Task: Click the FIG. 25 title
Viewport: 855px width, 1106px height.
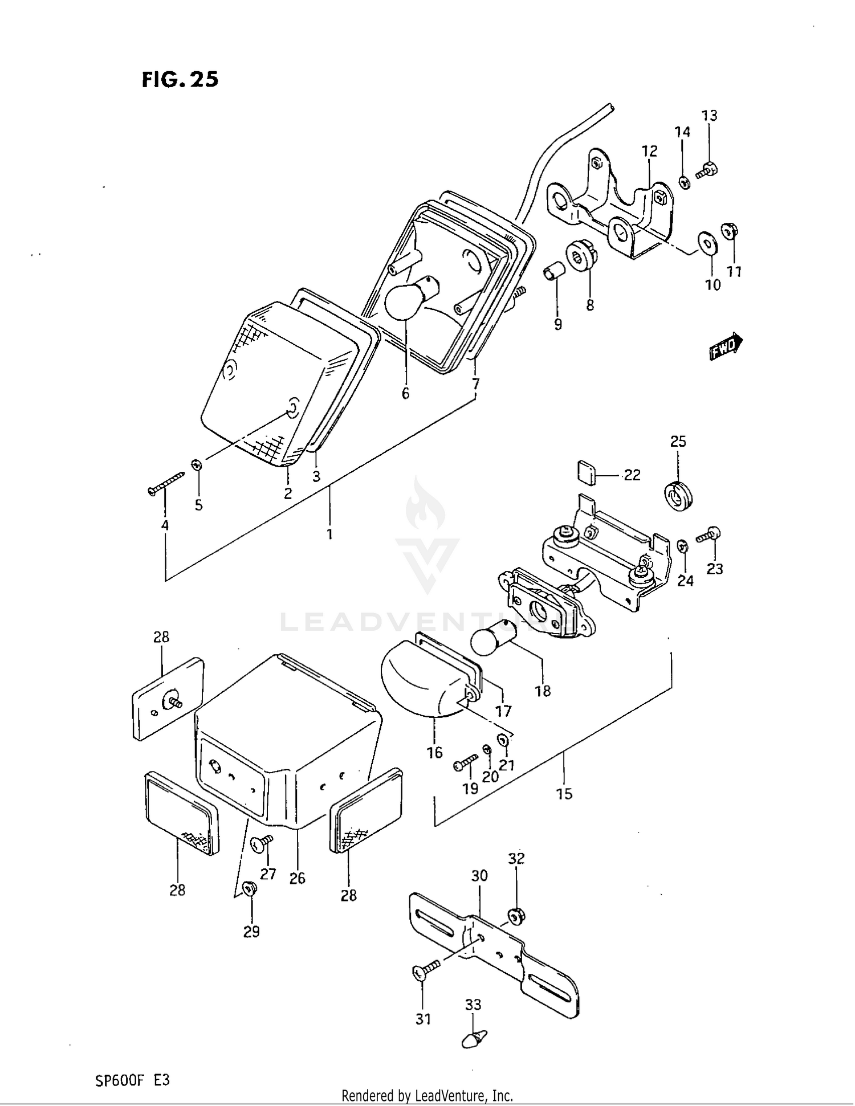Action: (x=180, y=79)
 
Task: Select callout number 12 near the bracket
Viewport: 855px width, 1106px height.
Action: (x=649, y=151)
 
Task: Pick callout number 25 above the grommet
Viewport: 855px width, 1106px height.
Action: (x=678, y=441)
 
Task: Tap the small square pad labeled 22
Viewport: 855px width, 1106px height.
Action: (x=586, y=472)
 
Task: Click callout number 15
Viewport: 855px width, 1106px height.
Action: (x=564, y=794)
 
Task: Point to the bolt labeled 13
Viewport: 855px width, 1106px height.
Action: (x=707, y=169)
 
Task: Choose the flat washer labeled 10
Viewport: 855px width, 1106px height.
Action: (x=708, y=243)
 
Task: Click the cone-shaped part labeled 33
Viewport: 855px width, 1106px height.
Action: (x=474, y=1040)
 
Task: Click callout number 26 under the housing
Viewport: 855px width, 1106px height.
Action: (x=297, y=878)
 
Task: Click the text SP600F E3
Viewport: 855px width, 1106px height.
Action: (x=132, y=1080)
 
